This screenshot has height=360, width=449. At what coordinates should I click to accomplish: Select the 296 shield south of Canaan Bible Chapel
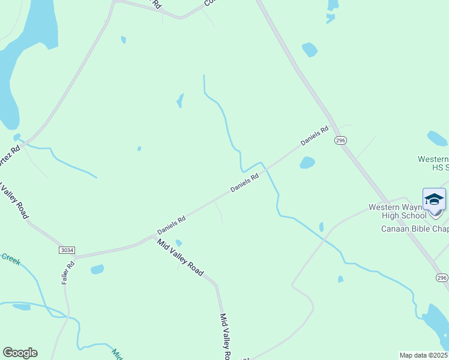[442, 278]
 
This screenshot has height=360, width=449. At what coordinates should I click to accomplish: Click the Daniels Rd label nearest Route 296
[315, 135]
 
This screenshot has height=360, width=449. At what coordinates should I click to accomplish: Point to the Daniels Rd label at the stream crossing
[244, 183]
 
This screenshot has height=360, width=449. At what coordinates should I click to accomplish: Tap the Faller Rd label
[67, 271]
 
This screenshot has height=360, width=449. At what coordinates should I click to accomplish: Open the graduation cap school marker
[434, 199]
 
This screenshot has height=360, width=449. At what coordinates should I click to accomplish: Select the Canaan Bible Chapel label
[415, 229]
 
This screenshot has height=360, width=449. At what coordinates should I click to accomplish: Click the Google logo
[20, 353]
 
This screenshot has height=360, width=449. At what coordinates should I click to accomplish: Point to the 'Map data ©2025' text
[423, 355]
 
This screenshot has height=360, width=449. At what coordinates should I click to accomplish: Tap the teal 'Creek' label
[11, 258]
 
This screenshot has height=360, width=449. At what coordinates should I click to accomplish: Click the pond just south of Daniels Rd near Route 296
[307, 163]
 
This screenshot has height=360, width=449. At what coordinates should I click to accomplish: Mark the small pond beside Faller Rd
[97, 269]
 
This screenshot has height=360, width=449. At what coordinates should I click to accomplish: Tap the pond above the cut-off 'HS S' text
[437, 139]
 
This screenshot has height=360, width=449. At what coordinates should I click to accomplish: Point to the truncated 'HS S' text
[440, 167]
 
